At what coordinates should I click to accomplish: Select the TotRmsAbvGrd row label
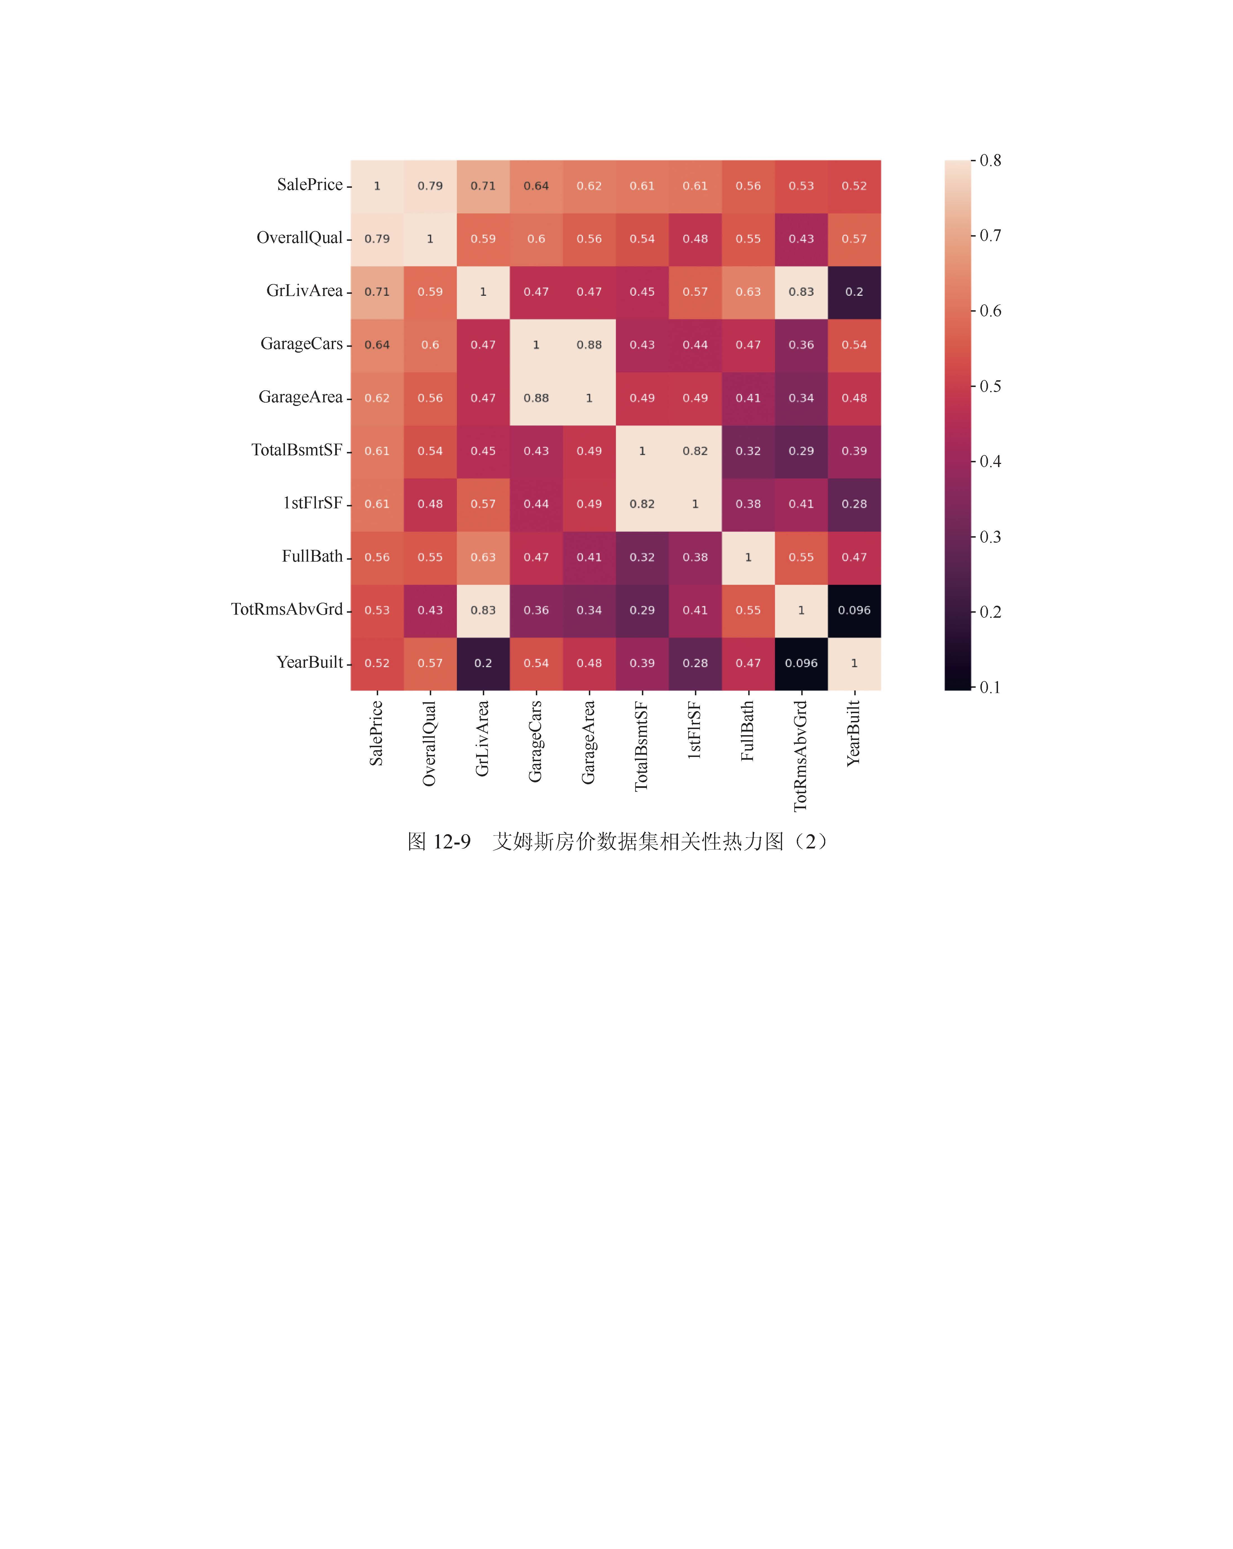[x=287, y=609]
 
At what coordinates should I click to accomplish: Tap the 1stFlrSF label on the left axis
[x=313, y=503]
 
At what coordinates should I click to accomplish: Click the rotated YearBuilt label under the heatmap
[x=854, y=733]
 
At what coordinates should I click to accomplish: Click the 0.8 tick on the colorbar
[x=990, y=160]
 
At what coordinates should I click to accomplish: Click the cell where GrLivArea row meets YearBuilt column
[x=854, y=292]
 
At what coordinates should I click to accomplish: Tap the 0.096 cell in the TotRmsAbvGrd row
[x=854, y=610]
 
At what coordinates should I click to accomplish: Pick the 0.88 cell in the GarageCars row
[x=589, y=345]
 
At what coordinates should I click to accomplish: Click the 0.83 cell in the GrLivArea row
[x=801, y=292]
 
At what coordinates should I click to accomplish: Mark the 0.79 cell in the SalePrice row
[x=430, y=186]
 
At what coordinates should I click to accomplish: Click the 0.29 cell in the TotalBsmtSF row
[x=801, y=451]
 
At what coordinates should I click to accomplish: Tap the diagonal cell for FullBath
[x=748, y=557]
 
